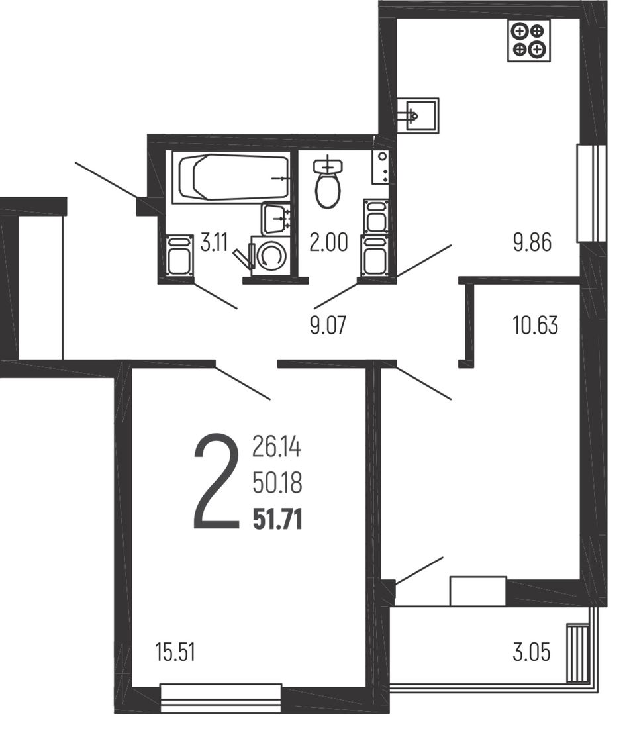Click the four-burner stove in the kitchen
528,40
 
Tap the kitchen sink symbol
418,115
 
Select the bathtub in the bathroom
231,177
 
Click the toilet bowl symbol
328,182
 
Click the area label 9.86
532,242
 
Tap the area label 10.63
535,325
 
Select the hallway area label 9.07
328,325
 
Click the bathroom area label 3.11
214,243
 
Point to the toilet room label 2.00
329,243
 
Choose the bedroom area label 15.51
175,653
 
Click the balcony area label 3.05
531,652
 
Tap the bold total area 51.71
277,519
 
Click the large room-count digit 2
216,482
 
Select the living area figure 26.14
277,446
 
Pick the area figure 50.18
277,483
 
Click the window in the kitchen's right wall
591,193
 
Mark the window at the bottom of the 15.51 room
221,697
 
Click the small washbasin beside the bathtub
277,219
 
